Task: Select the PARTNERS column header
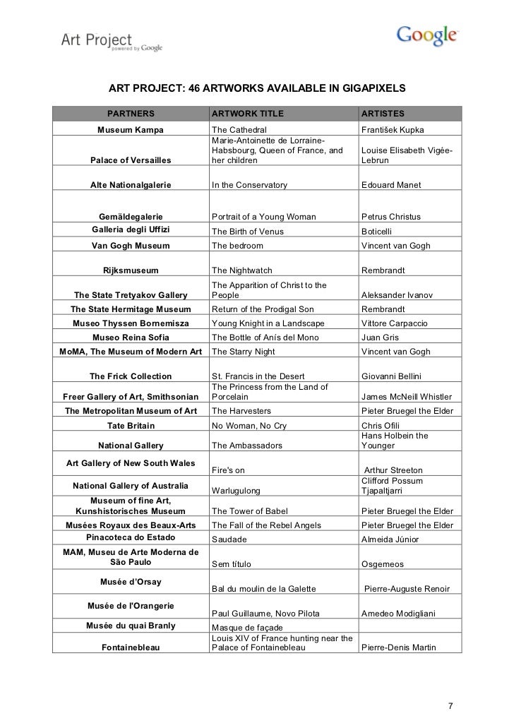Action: click(130, 114)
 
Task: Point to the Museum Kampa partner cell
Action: click(130, 131)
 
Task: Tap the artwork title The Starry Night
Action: click(243, 351)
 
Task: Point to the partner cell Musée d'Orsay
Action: click(130, 582)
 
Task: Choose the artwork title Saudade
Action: click(229, 539)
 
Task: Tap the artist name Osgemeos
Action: click(383, 564)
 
